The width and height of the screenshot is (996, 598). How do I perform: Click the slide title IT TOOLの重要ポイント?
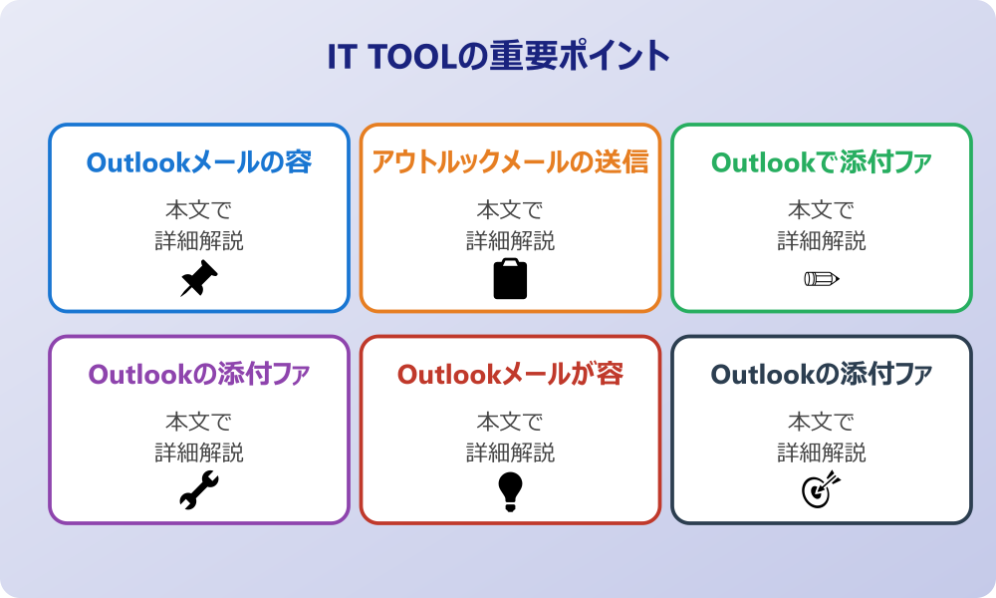point(499,56)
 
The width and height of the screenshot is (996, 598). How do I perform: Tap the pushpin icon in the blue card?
point(199,278)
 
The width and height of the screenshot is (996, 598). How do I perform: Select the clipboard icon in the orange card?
point(510,278)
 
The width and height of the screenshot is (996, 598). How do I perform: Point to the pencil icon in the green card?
point(822,278)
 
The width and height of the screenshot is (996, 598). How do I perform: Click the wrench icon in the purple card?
point(199,490)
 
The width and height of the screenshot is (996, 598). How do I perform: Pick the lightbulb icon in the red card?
point(510,491)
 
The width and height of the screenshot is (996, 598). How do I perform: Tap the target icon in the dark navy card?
point(822,490)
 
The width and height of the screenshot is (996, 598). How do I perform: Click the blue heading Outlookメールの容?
point(199,162)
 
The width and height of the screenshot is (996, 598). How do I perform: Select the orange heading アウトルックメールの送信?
point(510,162)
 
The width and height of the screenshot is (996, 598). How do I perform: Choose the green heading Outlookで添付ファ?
point(822,162)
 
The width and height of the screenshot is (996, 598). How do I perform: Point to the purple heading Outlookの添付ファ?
point(199,375)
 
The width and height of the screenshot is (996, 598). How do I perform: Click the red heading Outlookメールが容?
point(510,375)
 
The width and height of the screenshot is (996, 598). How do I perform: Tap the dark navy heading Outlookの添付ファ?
point(822,375)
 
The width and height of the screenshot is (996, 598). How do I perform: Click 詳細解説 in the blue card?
point(199,241)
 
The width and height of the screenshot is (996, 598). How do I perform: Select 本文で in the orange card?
point(510,209)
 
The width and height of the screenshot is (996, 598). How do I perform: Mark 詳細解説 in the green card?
point(822,241)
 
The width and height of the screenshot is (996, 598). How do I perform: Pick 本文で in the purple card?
point(199,422)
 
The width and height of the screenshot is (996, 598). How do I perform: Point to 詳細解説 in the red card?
point(510,452)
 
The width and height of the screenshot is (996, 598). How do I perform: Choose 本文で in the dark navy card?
point(822,422)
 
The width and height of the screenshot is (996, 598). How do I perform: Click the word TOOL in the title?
point(412,57)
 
